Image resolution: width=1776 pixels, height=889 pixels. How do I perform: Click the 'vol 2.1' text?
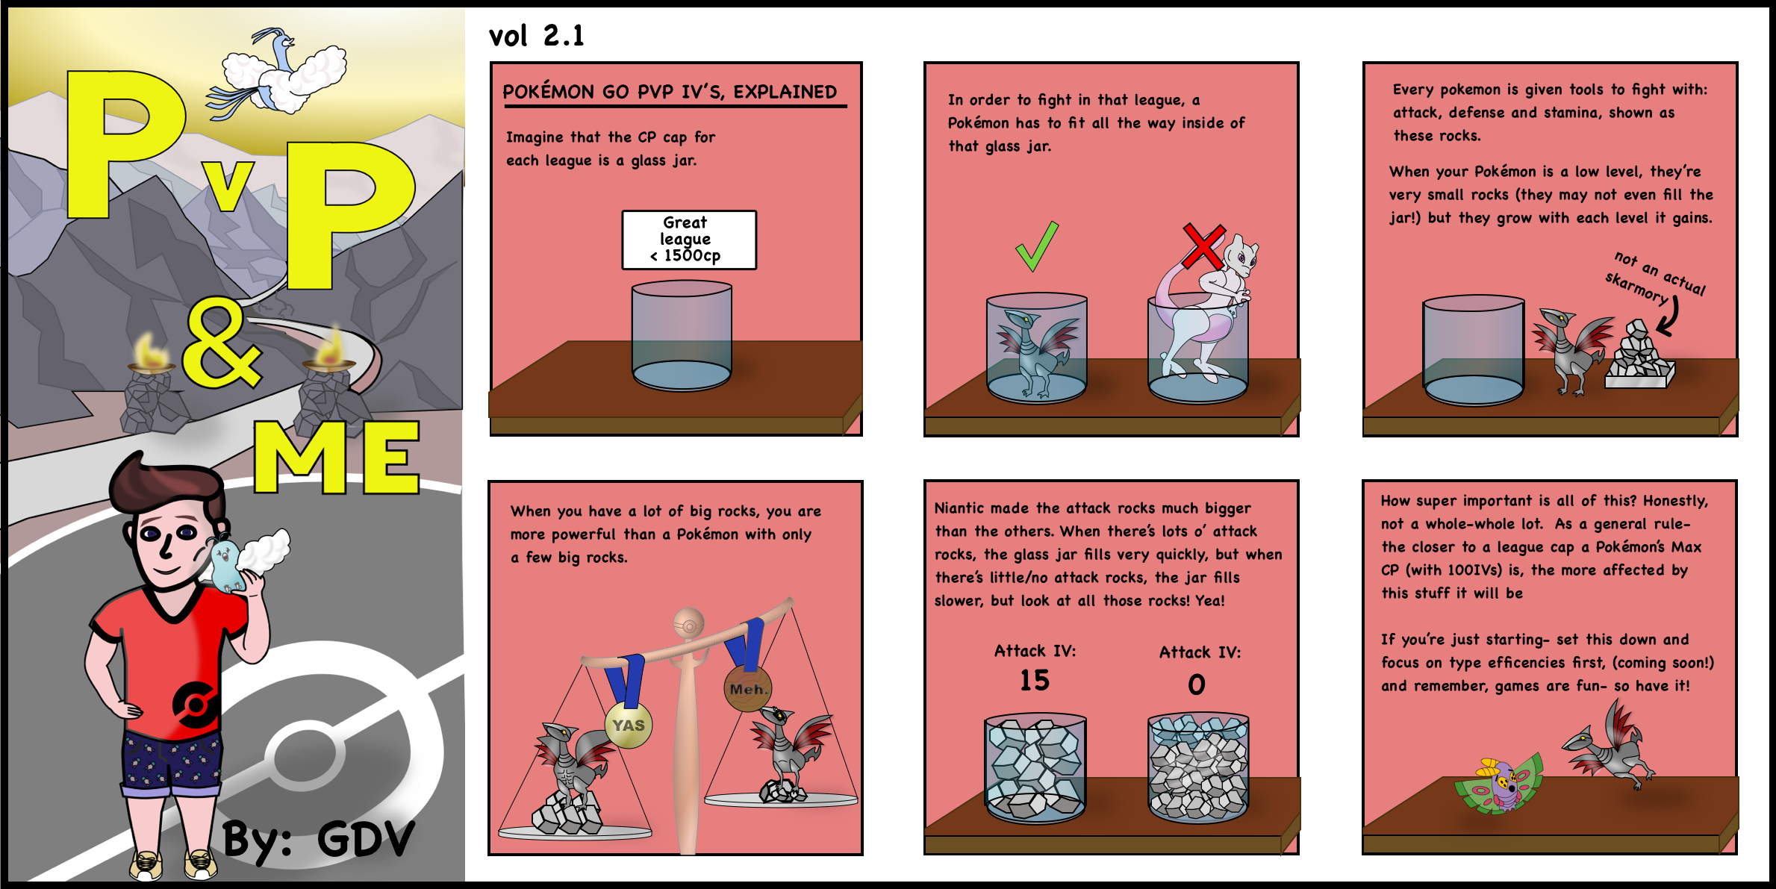pos(536,36)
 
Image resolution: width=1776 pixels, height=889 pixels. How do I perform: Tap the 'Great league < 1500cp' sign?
pos(689,240)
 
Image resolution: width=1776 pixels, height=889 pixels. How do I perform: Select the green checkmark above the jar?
pos(1038,246)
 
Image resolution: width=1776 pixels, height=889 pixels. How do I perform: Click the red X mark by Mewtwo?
pos(1203,246)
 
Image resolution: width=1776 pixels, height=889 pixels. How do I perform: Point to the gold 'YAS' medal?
pos(629,725)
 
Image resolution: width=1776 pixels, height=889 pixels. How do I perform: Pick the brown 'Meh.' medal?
pos(747,688)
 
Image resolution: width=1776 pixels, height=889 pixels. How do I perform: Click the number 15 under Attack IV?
pos(1035,680)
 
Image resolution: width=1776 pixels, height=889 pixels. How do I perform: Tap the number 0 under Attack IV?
pos(1197,684)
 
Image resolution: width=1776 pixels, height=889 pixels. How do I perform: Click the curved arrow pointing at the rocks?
pos(1669,316)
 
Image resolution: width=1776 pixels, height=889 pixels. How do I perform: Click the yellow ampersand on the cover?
pos(221,343)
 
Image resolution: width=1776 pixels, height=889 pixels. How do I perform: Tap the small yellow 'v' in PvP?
pos(228,184)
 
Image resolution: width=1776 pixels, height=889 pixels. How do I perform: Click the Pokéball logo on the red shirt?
pos(196,703)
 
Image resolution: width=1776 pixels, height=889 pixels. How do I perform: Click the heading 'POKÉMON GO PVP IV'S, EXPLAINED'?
pos(670,92)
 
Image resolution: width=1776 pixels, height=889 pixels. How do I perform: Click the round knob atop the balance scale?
pos(688,623)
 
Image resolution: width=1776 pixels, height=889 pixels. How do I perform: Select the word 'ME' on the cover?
pos(337,457)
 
